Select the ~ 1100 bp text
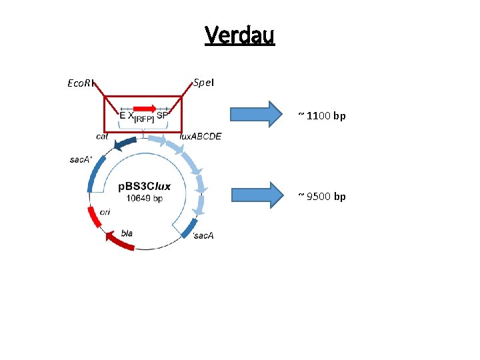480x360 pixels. pyautogui.click(x=322, y=116)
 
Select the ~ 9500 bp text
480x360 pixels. pyautogui.click(x=322, y=196)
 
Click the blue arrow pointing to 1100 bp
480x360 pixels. pyautogui.click(x=257, y=113)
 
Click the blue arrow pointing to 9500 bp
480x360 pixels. pyautogui.click(x=257, y=194)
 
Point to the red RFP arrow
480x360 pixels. pyautogui.click(x=145, y=108)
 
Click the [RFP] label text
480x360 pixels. pyautogui.click(x=144, y=119)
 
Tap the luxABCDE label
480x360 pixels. pyautogui.click(x=200, y=137)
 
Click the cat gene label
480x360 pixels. pyautogui.click(x=102, y=136)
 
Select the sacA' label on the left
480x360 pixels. pyautogui.click(x=80, y=160)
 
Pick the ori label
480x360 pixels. pyautogui.click(x=105, y=212)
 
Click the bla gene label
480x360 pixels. pyautogui.click(x=127, y=233)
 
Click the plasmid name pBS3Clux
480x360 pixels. pyautogui.click(x=145, y=186)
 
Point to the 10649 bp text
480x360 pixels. pyautogui.click(x=145, y=198)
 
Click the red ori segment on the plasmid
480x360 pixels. pyautogui.click(x=93, y=217)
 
